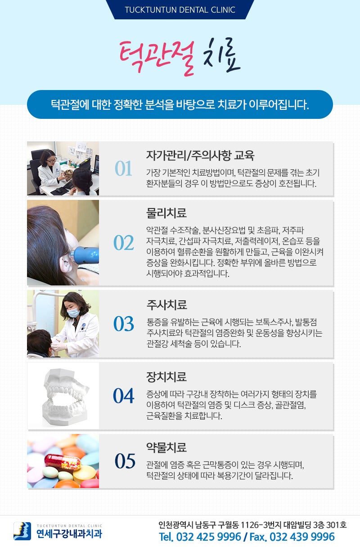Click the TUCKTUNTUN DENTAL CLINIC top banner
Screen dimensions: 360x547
(180, 10)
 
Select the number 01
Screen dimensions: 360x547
(123, 168)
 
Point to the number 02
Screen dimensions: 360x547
(124, 243)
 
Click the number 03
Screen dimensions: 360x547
(124, 324)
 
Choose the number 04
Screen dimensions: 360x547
(124, 396)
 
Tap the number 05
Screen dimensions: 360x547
(125, 461)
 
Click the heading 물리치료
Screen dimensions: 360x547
(166, 213)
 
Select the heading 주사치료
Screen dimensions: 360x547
(167, 305)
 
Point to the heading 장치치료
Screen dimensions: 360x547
(166, 377)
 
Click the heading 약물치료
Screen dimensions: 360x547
(166, 447)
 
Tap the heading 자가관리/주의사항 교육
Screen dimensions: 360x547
(200, 155)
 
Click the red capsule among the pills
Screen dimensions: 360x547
(63, 461)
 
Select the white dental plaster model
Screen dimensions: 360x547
(65, 397)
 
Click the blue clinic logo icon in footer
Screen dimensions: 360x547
(22, 531)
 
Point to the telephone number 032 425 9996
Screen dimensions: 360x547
(209, 537)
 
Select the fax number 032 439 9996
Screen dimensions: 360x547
(302, 537)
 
